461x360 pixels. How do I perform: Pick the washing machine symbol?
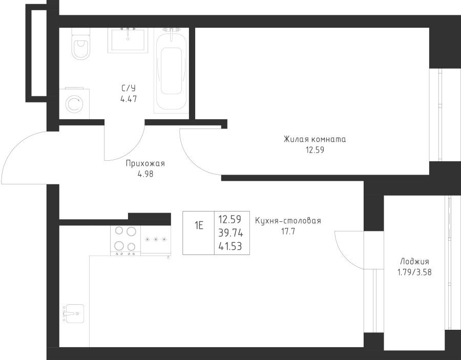(75, 104)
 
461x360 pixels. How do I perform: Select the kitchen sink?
(73, 312)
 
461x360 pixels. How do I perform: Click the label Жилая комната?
(315, 139)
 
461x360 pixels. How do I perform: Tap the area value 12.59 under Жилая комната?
(315, 150)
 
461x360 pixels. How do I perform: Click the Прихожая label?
(145, 163)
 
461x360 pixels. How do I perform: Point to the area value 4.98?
(145, 174)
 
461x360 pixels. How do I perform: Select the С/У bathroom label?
(129, 88)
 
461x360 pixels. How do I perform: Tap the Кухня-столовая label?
(288, 221)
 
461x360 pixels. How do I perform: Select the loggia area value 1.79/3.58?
(415, 272)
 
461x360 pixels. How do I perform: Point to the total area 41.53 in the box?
(230, 246)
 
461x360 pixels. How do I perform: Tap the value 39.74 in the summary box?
(230, 234)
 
